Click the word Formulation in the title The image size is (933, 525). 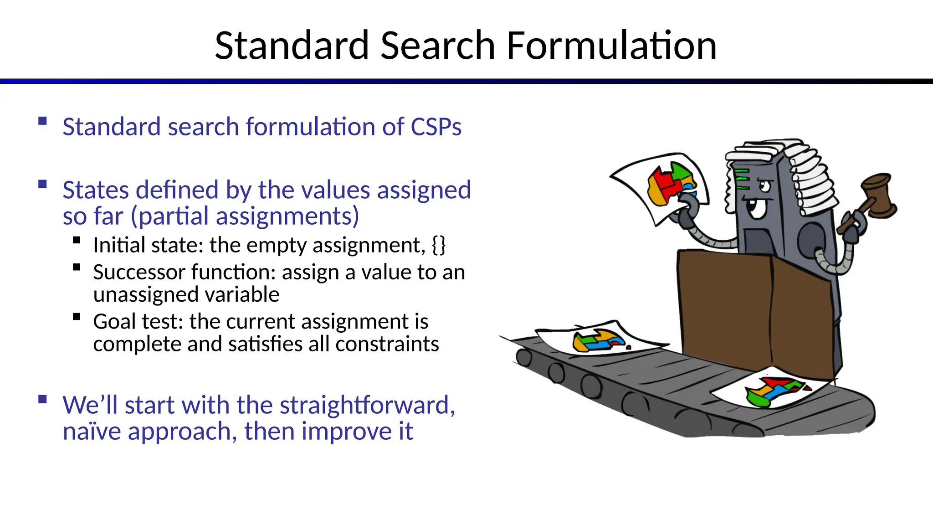(611, 46)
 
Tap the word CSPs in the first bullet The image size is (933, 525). (436, 127)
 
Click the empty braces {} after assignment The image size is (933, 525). (439, 245)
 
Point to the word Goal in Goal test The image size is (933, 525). (115, 321)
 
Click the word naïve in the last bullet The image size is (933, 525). (92, 431)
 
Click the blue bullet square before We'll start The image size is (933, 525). (43, 399)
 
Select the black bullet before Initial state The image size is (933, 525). (77, 240)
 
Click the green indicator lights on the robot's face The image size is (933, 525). (742, 179)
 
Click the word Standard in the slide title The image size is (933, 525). (292, 46)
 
